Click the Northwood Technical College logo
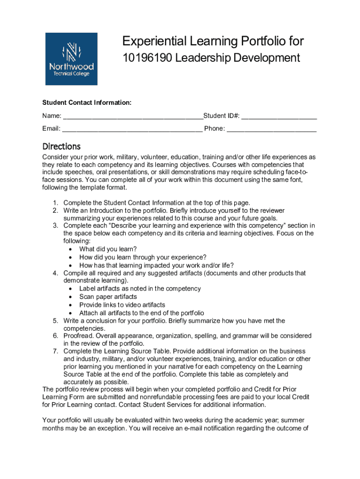click(x=71, y=59)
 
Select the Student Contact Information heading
click(x=87, y=102)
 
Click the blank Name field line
click(x=133, y=116)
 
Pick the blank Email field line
click(x=132, y=129)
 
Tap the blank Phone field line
click(x=272, y=129)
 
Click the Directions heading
click(x=61, y=146)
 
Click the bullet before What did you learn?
click(x=70, y=249)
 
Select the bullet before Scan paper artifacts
click(x=70, y=297)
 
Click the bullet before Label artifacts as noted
click(x=70, y=289)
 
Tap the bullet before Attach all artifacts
click(x=70, y=313)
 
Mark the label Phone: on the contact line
click(x=214, y=129)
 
